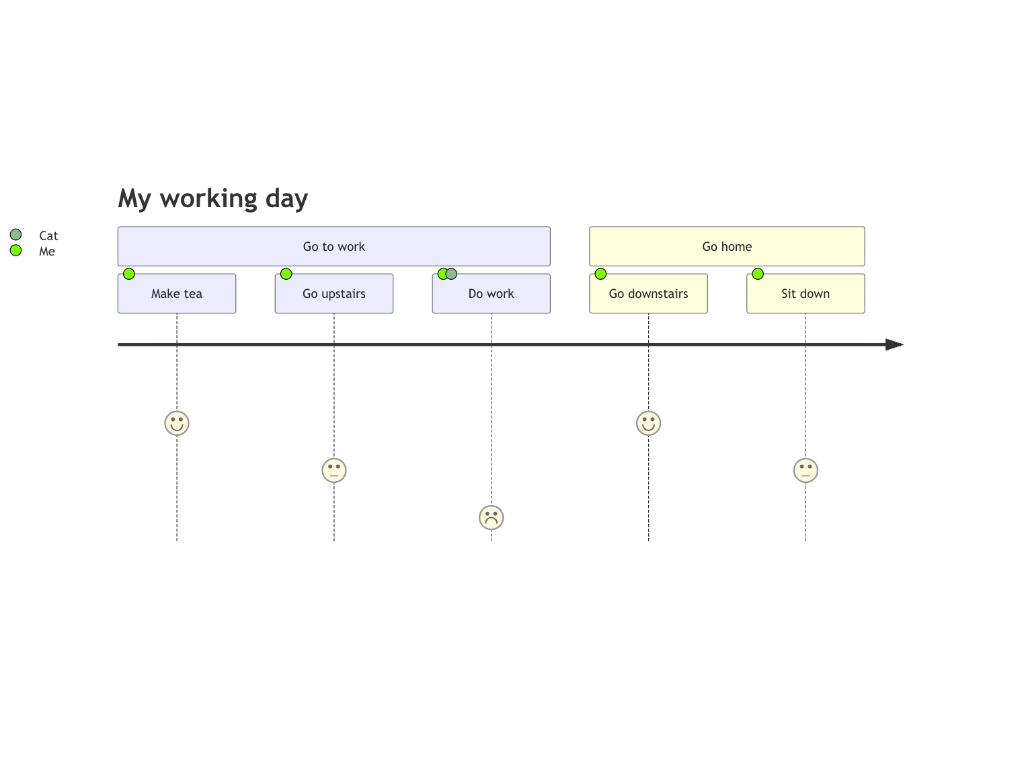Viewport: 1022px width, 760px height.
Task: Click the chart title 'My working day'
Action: (x=212, y=198)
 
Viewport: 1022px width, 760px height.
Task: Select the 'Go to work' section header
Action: (x=333, y=246)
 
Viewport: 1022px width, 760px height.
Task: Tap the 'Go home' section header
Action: (x=727, y=246)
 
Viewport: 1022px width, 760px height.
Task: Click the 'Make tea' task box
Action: (x=177, y=294)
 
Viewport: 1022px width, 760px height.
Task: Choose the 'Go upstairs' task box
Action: (x=334, y=294)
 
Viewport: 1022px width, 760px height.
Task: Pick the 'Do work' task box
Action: (x=491, y=294)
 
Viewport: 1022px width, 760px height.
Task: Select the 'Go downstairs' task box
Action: (x=648, y=294)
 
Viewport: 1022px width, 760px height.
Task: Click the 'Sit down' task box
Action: (x=805, y=294)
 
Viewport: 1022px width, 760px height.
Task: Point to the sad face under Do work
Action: (x=491, y=518)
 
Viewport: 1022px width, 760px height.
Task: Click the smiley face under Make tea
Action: (x=177, y=423)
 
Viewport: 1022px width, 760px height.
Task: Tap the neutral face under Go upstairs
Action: (x=334, y=470)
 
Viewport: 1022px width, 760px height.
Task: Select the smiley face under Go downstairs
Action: (x=648, y=423)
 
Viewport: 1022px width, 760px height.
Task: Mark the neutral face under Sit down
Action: (x=805, y=470)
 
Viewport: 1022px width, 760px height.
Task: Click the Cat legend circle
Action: (x=15, y=235)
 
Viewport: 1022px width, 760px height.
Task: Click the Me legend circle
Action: (x=15, y=251)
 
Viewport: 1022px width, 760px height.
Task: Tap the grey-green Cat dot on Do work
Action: (x=452, y=274)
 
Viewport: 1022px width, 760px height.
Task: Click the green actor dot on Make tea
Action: (x=129, y=274)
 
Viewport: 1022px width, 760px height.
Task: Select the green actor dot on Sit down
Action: (x=758, y=274)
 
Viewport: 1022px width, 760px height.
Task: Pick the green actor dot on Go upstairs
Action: (x=286, y=274)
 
